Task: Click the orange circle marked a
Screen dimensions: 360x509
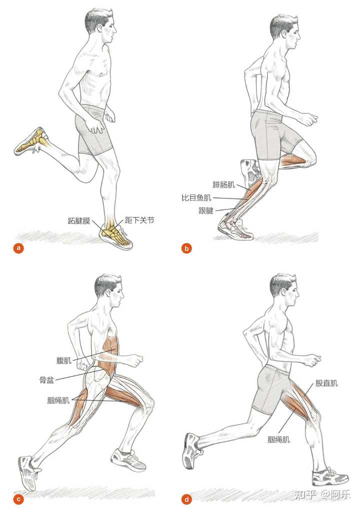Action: [18, 248]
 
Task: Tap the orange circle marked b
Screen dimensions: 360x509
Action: [186, 248]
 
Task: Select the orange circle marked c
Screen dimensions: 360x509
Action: [18, 499]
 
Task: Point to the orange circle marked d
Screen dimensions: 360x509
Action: [186, 499]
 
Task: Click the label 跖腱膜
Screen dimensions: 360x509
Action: [79, 220]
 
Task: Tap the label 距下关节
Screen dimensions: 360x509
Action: [139, 220]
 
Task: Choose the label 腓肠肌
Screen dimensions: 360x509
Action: [223, 184]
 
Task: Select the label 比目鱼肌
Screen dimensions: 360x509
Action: [196, 197]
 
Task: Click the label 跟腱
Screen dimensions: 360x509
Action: [206, 210]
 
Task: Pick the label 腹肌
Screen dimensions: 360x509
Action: [64, 360]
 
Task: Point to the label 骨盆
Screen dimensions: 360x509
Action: [46, 380]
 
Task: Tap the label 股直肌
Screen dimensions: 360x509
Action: [326, 383]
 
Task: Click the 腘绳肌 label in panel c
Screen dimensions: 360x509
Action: [58, 400]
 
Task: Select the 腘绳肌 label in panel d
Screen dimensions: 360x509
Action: [278, 439]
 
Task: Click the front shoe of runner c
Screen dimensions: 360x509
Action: [128, 459]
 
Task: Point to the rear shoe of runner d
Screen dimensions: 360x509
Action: [193, 451]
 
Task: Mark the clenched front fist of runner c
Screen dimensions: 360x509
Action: [136, 359]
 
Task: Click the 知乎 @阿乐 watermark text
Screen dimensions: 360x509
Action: [322, 494]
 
